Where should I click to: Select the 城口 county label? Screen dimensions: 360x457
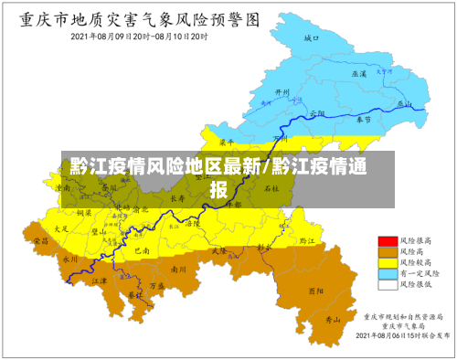click(x=312, y=38)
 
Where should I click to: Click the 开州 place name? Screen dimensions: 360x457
click(x=282, y=92)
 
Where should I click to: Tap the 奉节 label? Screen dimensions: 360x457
click(x=364, y=120)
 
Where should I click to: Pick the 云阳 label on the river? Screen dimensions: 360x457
click(x=317, y=111)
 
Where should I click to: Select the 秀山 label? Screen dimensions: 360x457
click(x=334, y=320)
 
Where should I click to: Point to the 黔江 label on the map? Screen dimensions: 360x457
click(x=307, y=240)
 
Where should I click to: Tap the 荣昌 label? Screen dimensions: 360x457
click(x=40, y=240)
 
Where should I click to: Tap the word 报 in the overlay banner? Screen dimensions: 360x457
click(x=219, y=190)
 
